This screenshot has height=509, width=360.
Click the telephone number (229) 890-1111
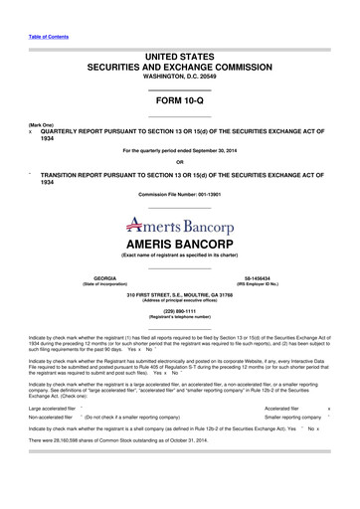[179, 309]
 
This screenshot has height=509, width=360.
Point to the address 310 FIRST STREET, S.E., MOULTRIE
[179, 293]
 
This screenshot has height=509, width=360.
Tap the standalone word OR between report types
[179, 162]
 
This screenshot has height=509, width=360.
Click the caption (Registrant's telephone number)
[179, 315]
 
